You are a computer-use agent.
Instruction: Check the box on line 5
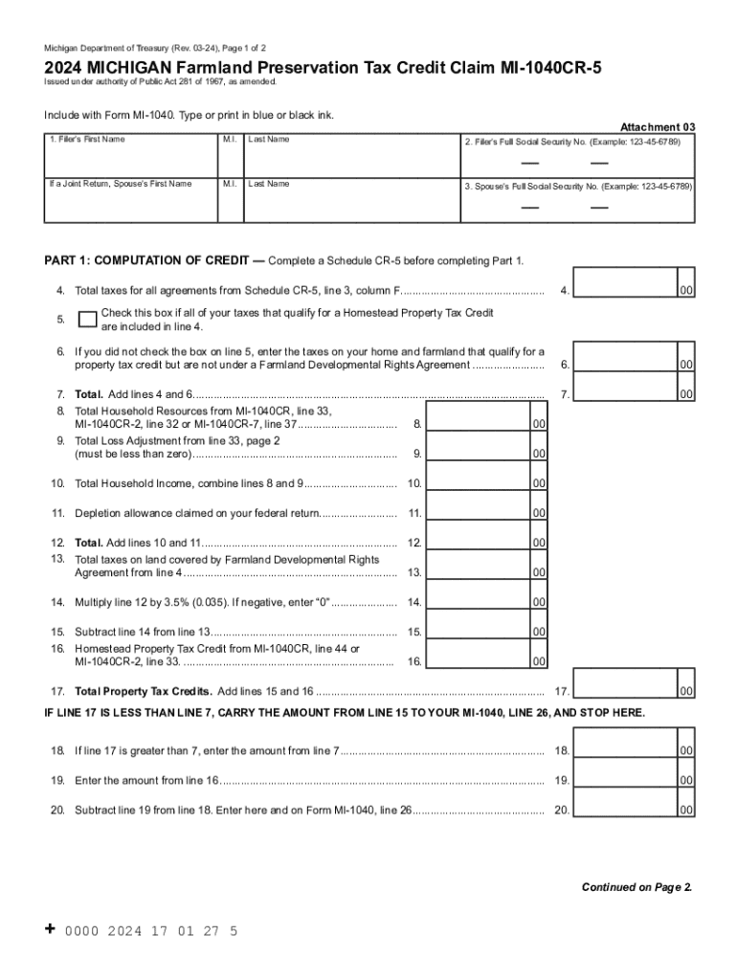(x=87, y=319)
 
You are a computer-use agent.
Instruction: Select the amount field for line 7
(x=623, y=393)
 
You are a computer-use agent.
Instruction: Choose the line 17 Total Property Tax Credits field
(x=623, y=691)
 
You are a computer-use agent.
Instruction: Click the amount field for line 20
(x=623, y=810)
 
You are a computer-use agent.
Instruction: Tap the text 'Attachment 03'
(x=658, y=126)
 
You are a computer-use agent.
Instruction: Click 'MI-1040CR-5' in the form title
(x=538, y=68)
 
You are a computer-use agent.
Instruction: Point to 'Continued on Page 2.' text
(x=636, y=887)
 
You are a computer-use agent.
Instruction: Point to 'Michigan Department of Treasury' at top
(x=106, y=47)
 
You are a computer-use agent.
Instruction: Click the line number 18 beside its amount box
(x=562, y=751)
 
